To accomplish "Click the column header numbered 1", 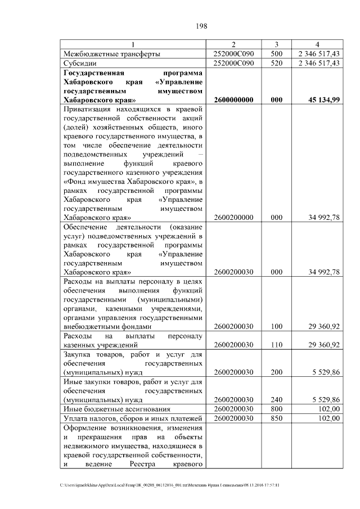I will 133,44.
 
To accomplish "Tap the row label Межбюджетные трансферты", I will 112,53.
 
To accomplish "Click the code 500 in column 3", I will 276,53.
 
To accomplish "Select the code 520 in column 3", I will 276,63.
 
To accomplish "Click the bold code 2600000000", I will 234,100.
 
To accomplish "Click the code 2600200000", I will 234,217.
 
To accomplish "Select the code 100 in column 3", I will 276,326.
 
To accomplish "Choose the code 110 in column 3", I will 276,345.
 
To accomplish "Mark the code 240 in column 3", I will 276,400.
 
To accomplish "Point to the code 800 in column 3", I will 276,409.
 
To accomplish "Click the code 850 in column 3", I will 276,418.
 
